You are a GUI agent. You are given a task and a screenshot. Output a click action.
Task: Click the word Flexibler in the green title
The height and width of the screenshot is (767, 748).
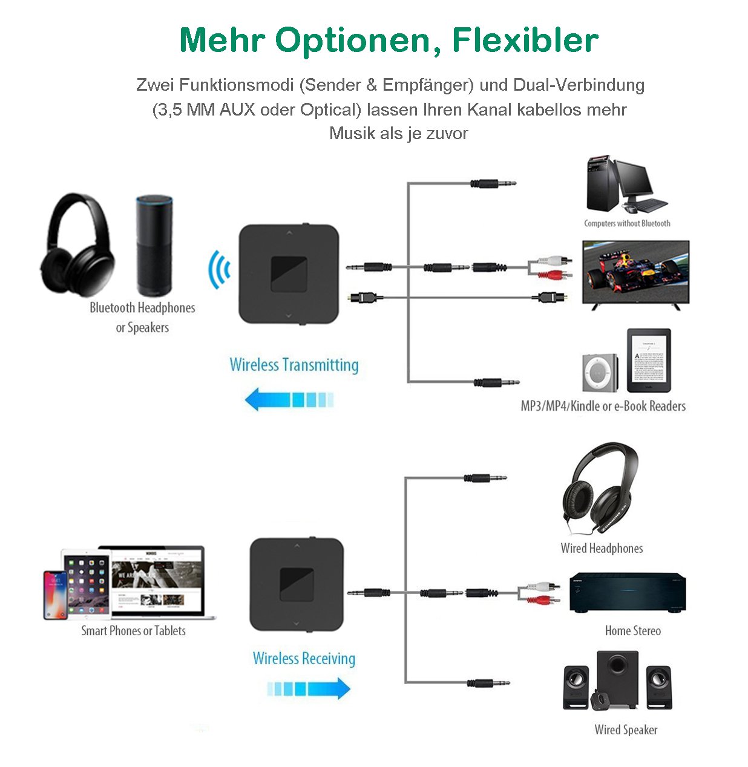(x=525, y=41)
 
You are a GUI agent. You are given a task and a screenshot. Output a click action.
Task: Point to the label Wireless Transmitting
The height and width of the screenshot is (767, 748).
(x=294, y=365)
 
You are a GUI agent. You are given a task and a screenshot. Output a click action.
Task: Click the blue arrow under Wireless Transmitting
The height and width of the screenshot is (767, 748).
(x=289, y=399)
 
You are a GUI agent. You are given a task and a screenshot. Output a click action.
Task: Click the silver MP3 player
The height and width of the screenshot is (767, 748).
(x=600, y=373)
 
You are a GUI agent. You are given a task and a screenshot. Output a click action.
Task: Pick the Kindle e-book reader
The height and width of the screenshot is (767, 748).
(x=649, y=361)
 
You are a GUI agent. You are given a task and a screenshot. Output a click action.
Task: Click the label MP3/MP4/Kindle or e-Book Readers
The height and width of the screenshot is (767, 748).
(x=603, y=406)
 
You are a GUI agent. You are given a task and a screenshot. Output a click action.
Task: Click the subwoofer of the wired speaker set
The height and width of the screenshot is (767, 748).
(x=617, y=677)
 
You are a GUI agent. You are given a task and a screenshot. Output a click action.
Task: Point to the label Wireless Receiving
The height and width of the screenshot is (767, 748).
(x=304, y=658)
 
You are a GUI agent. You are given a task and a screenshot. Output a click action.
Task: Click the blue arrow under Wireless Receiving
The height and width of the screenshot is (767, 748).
(x=309, y=688)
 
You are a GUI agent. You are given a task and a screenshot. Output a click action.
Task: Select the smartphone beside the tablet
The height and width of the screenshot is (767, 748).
(x=55, y=595)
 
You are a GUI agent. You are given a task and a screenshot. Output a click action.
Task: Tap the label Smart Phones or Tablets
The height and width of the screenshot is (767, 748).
(x=133, y=631)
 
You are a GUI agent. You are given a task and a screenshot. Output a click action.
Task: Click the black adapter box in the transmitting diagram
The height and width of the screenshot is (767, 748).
(x=289, y=274)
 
